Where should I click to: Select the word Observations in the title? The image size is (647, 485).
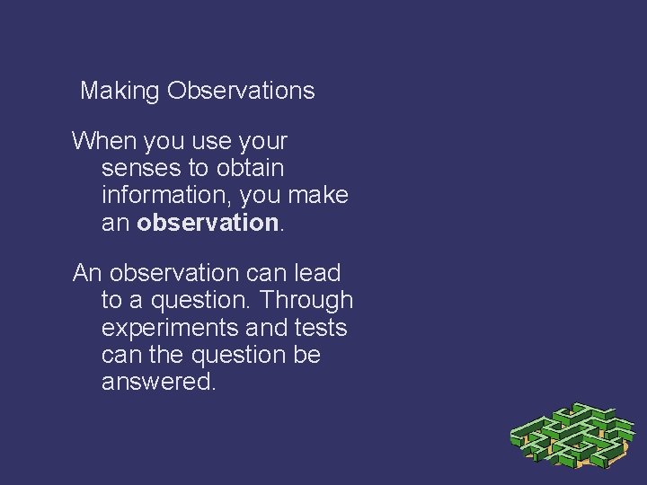coord(241,92)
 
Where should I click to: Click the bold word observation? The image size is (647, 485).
coord(208,223)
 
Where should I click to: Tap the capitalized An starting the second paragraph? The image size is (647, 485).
coord(86,273)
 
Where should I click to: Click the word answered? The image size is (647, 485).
coord(157,381)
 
